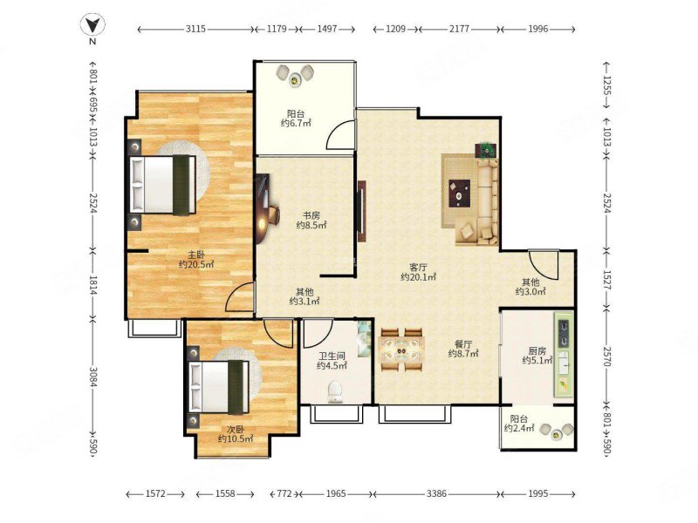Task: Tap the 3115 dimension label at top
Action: (x=195, y=29)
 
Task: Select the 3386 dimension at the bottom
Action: (x=436, y=493)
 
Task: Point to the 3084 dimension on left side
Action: (x=93, y=377)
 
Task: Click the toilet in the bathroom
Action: (x=335, y=391)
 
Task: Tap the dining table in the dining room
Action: (x=401, y=350)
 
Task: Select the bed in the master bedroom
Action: (x=163, y=185)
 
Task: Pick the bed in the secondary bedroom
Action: (x=219, y=386)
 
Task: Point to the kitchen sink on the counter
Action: (x=563, y=362)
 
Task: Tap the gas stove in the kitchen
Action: (x=564, y=333)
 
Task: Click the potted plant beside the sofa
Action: (x=487, y=150)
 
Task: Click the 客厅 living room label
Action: (x=419, y=268)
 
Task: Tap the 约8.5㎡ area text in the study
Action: (x=311, y=226)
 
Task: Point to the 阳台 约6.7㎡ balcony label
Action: (x=296, y=119)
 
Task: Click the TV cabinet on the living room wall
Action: (x=362, y=211)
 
